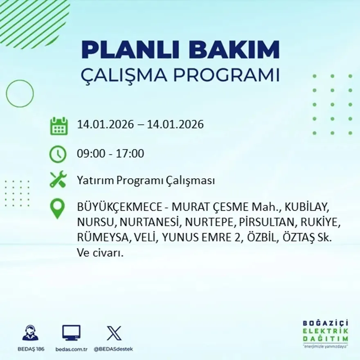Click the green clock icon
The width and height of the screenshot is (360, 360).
[58, 154]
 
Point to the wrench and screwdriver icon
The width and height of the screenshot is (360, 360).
[58, 180]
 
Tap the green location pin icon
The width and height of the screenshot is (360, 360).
[57, 208]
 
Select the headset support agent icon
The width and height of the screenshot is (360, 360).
[30, 333]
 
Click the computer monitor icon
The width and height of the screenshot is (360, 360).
[71, 333]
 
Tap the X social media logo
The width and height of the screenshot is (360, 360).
[114, 333]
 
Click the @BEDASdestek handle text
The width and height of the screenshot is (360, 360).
[113, 349]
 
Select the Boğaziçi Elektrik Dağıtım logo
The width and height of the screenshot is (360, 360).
[326, 333]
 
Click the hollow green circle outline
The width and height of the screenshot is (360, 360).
[20, 94]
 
